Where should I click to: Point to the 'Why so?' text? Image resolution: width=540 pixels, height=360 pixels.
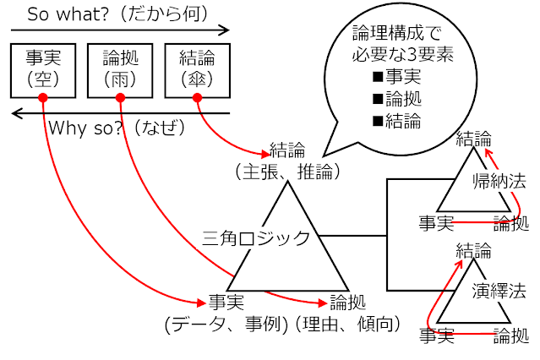[x=85, y=128]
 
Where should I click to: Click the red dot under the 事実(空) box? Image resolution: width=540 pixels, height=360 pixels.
[x=42, y=98]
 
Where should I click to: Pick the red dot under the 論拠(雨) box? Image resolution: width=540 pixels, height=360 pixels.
[x=119, y=98]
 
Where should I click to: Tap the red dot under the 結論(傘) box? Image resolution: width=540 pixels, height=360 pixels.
[x=197, y=98]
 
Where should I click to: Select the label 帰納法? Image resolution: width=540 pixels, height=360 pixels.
[x=499, y=180]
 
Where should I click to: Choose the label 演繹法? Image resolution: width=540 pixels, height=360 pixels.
[x=499, y=292]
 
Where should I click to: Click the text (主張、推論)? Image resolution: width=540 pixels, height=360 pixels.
[x=288, y=172]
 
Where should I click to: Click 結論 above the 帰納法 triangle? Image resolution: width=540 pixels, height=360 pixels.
[x=472, y=137]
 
